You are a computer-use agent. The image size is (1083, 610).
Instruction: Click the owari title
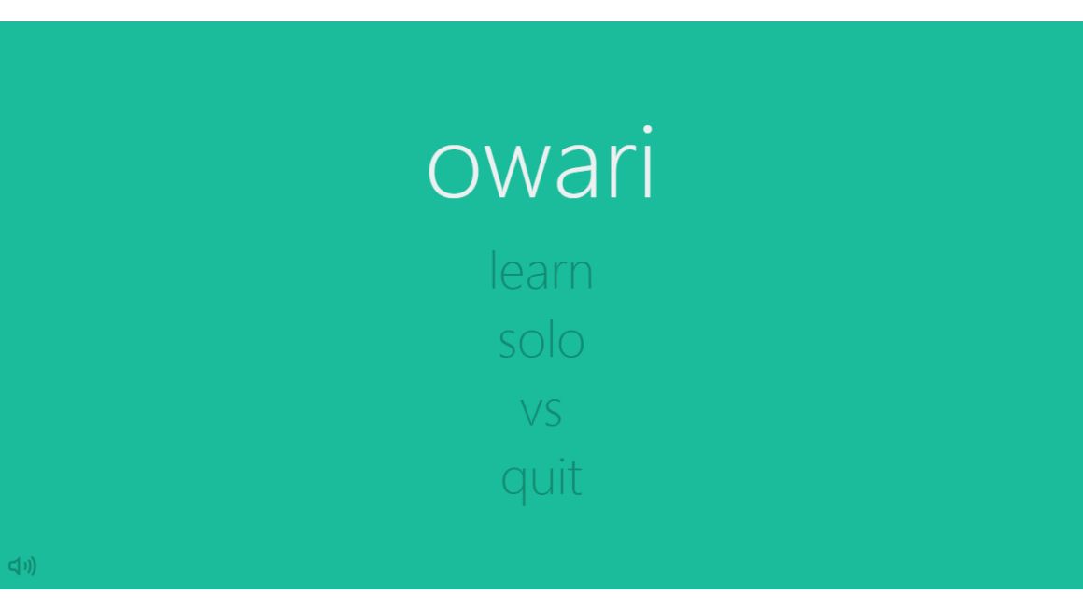[x=541, y=163]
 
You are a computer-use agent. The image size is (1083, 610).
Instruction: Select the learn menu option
[x=541, y=270]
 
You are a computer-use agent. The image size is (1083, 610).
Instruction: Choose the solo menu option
[x=541, y=340]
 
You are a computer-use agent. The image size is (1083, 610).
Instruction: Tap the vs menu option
[x=541, y=411]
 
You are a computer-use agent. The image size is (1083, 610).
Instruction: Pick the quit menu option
[x=541, y=478]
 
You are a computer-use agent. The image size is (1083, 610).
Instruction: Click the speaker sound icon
[x=22, y=566]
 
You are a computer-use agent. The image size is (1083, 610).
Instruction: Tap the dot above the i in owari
[x=648, y=129]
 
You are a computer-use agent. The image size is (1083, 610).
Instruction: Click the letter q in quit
[x=513, y=484]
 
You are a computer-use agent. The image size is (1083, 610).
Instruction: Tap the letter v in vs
[x=530, y=412]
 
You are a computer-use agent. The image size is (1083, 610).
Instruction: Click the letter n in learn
[x=581, y=274]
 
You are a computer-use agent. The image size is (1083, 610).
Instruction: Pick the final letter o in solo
[x=570, y=344]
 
